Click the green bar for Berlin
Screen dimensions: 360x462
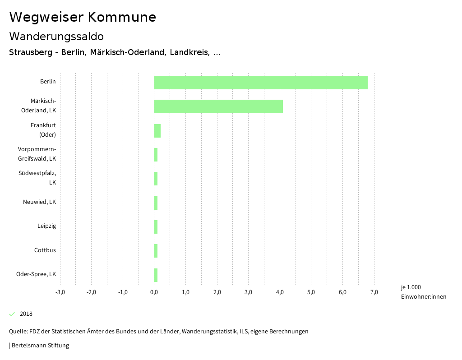[x=261, y=83]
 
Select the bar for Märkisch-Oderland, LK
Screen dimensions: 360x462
[x=218, y=106]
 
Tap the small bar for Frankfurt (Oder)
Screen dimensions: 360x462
[x=157, y=131]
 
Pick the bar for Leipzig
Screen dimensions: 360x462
[x=156, y=227]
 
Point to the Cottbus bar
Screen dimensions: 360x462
[x=156, y=251]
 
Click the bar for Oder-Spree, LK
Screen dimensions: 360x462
[x=156, y=275]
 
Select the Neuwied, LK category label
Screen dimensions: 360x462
[x=40, y=202]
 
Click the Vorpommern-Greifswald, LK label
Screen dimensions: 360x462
[x=37, y=154]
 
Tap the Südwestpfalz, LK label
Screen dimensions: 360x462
[x=37, y=178]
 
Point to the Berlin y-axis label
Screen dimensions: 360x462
[x=48, y=82]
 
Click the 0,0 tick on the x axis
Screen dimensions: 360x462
[x=154, y=292]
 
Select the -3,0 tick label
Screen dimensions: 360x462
[x=60, y=292]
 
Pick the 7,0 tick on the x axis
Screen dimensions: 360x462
[x=374, y=292]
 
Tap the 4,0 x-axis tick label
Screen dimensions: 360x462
[x=280, y=292]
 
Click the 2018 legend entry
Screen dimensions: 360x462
[x=26, y=314]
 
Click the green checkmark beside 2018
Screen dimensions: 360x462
[x=12, y=314]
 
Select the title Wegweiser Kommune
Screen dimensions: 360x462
[x=83, y=17]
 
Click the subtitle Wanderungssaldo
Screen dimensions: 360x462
[x=56, y=36]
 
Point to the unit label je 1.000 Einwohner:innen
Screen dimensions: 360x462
[x=423, y=292]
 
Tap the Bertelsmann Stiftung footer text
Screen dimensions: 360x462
[x=40, y=346]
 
